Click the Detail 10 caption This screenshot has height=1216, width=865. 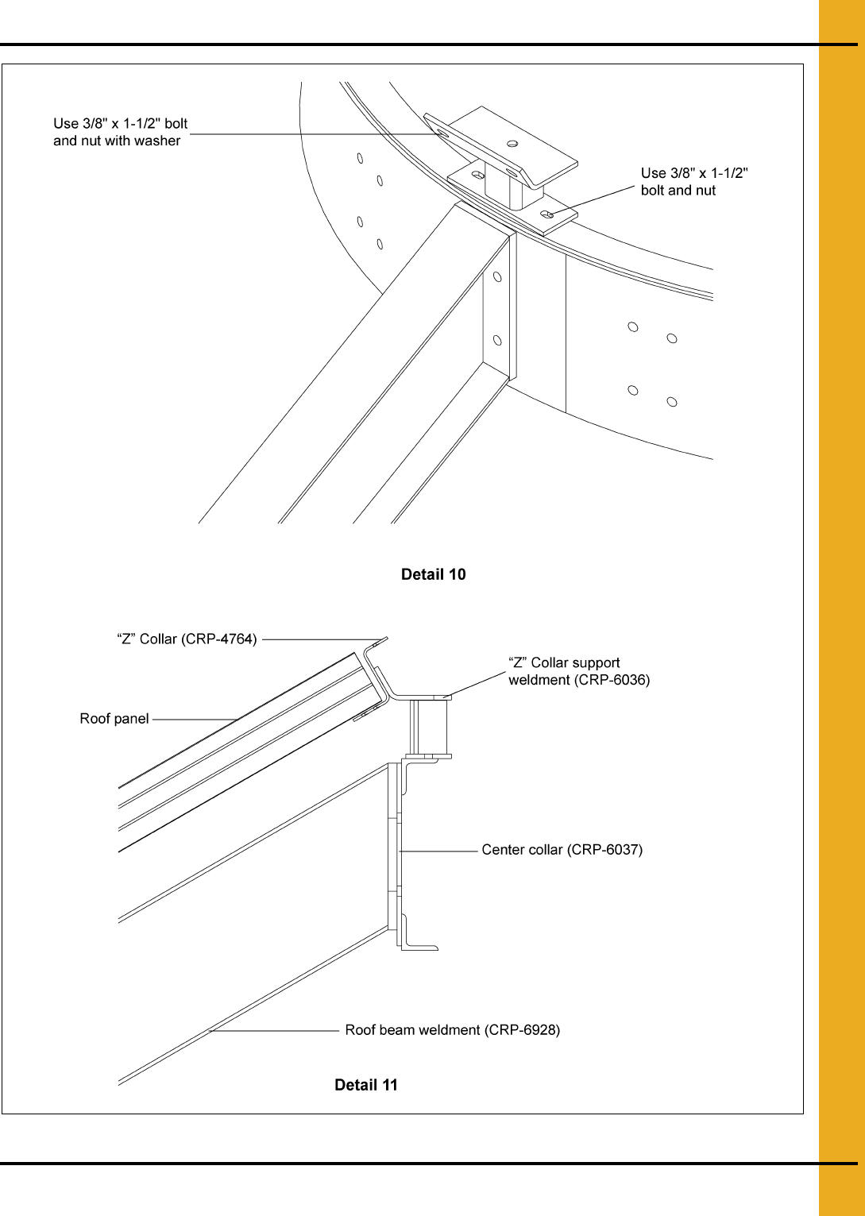tap(434, 574)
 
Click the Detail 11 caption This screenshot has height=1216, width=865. tap(366, 1085)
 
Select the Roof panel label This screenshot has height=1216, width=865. tap(114, 719)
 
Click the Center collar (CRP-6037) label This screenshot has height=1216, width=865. tap(562, 850)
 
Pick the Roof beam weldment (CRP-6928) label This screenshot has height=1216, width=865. tap(452, 1030)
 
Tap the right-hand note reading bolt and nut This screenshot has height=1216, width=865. tap(678, 191)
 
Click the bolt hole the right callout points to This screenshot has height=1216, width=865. tap(548, 215)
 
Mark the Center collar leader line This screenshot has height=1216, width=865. tap(438, 851)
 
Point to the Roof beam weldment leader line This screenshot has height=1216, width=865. tap(274, 1030)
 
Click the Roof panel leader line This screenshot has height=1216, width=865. tap(195, 720)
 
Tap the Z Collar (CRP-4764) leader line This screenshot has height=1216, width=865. tap(324, 639)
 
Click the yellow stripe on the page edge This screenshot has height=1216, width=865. tap(842, 608)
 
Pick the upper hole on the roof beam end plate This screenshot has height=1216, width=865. tap(497, 277)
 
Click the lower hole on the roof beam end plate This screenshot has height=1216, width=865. tap(497, 341)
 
